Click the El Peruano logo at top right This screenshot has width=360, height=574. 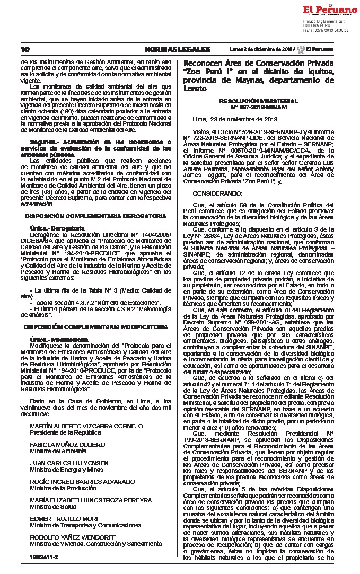coord(330,10)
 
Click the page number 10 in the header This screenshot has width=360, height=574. coord(24,49)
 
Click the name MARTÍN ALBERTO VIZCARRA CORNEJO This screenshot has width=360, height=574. coord(86,411)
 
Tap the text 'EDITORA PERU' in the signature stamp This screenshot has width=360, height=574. coord(316,25)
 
